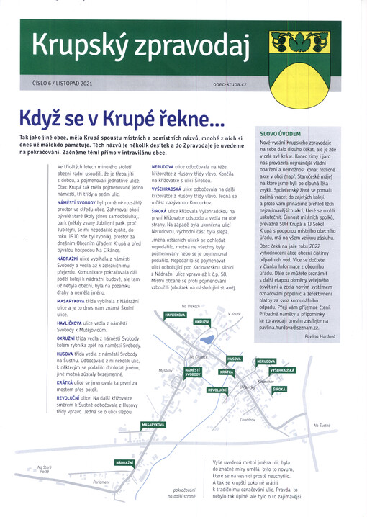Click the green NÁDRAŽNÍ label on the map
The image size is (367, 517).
point(124,462)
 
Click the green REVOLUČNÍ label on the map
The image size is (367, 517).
point(218,390)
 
